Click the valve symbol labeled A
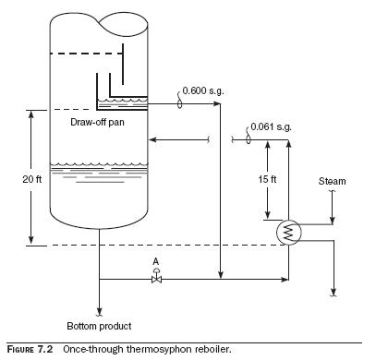pyautogui.click(x=157, y=277)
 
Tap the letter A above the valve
pyautogui.click(x=156, y=261)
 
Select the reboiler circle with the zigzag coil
pyautogui.click(x=288, y=233)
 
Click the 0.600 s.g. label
pyautogui.click(x=203, y=91)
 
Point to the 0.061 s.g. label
pyautogui.click(x=271, y=126)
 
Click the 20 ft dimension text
pyautogui.click(x=31, y=179)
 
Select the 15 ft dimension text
pyautogui.click(x=267, y=179)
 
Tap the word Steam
pyautogui.click(x=332, y=181)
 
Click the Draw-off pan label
pyautogui.click(x=97, y=122)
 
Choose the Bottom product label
pyautogui.click(x=99, y=326)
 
